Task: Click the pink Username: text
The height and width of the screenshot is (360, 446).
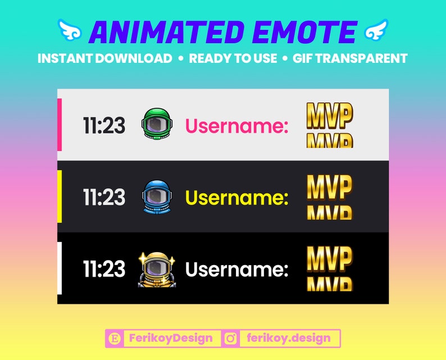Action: coord(236,126)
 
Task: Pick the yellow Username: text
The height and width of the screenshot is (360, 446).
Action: coord(236,198)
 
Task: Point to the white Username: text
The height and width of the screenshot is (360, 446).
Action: coord(236,270)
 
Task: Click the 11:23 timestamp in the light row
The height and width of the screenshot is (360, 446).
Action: coord(104,126)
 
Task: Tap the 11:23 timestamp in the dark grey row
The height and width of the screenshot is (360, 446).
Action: coord(104,198)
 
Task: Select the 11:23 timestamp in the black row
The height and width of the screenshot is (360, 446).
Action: coord(104,270)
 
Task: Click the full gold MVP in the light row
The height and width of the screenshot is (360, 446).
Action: coord(329,116)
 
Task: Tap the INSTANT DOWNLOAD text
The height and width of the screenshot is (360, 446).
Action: coord(105,58)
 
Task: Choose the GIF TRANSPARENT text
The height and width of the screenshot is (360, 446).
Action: coord(350,58)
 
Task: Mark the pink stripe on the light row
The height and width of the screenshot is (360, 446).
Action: coord(59,125)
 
